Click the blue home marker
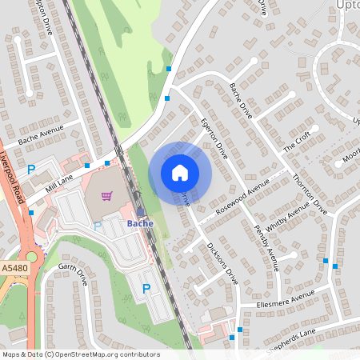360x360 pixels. click(180, 172)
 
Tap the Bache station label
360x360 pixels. click(141, 224)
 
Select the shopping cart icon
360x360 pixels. click(106, 195)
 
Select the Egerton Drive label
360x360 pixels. click(214, 136)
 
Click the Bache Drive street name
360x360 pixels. click(240, 100)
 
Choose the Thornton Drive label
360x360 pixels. click(310, 196)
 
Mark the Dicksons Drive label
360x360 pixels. click(222, 264)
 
